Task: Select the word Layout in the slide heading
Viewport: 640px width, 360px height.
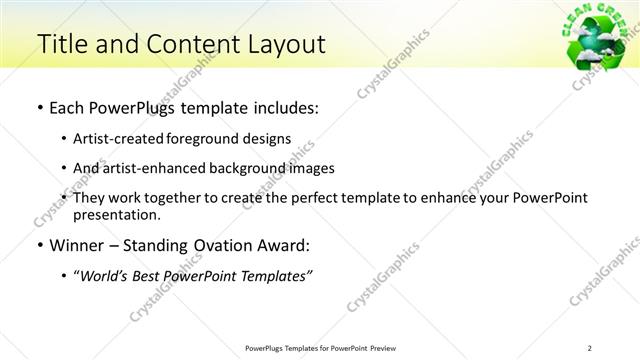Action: pyautogui.click(x=280, y=44)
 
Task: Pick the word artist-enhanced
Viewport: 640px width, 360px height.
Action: pyautogui.click(x=145, y=168)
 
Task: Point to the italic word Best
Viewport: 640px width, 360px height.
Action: pyautogui.click(x=151, y=275)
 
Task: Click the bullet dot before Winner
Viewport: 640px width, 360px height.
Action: pyautogui.click(x=39, y=245)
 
